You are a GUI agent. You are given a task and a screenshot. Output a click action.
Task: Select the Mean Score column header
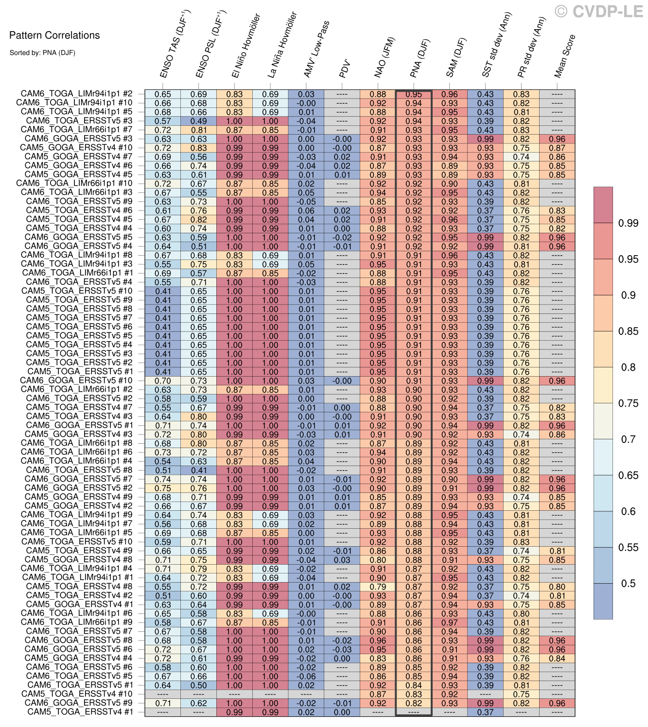564,56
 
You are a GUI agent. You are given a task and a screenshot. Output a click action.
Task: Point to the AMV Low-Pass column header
316,49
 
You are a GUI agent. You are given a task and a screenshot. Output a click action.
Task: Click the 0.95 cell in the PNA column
414,94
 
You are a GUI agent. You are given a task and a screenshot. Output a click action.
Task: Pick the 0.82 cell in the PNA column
414,703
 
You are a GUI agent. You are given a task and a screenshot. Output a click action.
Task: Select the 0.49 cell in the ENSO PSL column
198,121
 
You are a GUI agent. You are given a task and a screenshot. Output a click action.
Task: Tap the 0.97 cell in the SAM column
450,623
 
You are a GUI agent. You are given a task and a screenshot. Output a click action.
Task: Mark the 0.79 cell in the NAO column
378,587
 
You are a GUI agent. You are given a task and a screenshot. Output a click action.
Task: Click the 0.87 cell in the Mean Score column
557,148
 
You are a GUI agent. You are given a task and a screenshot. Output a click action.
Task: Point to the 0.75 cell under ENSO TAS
163,488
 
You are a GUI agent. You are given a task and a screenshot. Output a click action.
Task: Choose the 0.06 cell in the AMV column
306,210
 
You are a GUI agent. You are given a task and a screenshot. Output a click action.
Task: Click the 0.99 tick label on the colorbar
628,223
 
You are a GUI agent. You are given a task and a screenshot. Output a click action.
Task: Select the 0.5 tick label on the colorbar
628,584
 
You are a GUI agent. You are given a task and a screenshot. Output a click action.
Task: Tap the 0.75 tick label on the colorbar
628,403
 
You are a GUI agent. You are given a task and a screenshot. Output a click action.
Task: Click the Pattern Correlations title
54,35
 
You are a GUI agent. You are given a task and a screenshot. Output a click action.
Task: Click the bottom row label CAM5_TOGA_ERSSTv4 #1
80,712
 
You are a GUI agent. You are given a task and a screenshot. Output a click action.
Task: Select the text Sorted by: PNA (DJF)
42,52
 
